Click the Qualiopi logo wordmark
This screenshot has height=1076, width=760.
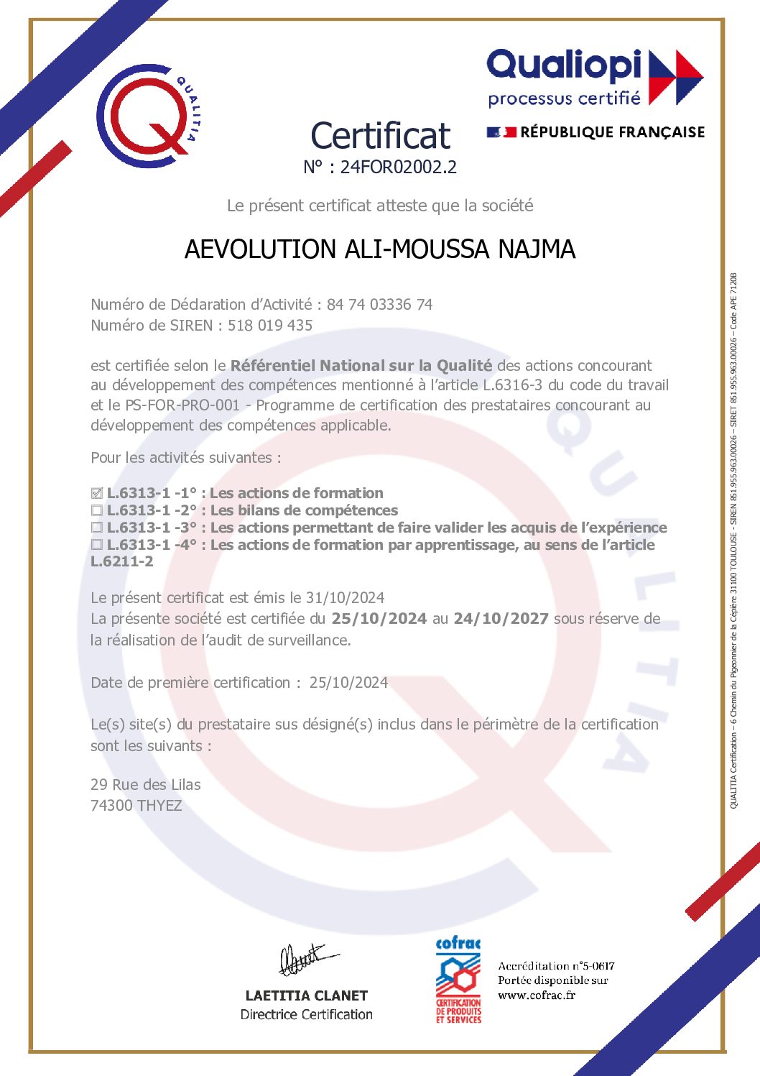tap(563, 66)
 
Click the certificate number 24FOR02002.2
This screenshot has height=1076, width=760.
tap(398, 167)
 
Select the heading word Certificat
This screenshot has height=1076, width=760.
tap(380, 136)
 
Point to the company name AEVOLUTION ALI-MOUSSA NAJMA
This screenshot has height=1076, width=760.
tap(380, 249)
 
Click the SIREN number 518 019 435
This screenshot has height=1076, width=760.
tap(270, 326)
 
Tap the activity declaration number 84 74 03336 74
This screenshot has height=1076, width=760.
tap(379, 305)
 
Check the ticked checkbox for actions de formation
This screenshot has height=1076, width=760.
tap(97, 494)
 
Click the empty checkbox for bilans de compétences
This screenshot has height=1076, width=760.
tap(97, 511)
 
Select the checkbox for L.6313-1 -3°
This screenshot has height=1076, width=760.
tap(97, 528)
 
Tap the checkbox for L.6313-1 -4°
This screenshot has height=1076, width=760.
tap(97, 546)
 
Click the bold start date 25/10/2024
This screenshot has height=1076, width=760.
tap(379, 619)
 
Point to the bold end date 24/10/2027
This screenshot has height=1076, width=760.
tap(501, 619)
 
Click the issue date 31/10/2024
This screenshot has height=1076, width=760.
tap(345, 598)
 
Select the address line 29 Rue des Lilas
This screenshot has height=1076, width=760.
tap(146, 785)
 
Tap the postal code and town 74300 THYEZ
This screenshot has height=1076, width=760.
tap(136, 806)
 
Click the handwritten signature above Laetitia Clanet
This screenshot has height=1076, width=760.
tap(305, 960)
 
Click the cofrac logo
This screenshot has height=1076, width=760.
tap(458, 980)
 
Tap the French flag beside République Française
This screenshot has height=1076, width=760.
tap(501, 132)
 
